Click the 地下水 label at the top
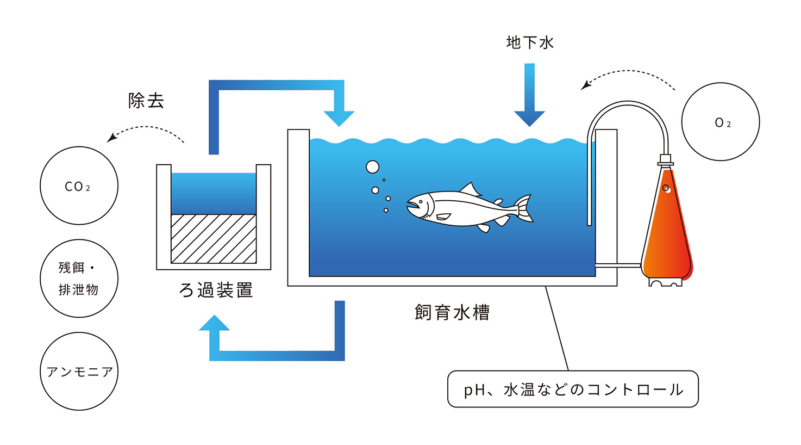[x=530, y=42]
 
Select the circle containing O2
[x=721, y=122]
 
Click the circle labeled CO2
[x=79, y=186]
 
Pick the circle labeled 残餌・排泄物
[x=79, y=279]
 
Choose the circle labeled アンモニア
[x=79, y=372]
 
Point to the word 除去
[x=146, y=101]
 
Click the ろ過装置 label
[x=216, y=290]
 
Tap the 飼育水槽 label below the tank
[x=452, y=312]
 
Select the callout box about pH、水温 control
[x=573, y=389]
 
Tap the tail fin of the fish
[x=524, y=208]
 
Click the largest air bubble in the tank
[x=372, y=167]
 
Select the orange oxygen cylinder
[x=666, y=228]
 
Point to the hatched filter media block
[x=214, y=239]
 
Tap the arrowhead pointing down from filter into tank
[x=339, y=117]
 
